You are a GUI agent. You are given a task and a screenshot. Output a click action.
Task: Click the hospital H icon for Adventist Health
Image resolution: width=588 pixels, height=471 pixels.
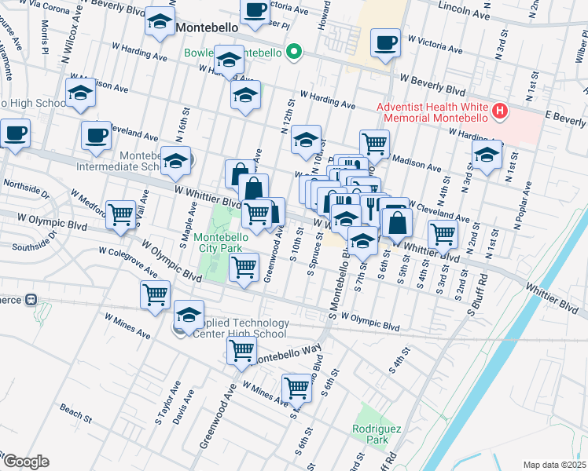(x=498, y=112)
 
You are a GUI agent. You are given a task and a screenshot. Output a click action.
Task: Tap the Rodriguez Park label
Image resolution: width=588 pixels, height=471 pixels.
(x=371, y=435)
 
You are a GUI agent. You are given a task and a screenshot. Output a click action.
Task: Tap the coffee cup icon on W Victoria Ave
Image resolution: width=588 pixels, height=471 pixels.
(x=385, y=44)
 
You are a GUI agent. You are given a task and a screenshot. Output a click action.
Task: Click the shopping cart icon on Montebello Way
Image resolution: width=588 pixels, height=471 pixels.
(x=241, y=349)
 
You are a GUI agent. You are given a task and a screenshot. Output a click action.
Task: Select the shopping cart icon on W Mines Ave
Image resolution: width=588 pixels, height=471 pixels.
(x=297, y=386)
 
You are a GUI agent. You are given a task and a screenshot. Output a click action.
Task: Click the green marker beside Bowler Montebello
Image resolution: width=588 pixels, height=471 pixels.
(x=294, y=53)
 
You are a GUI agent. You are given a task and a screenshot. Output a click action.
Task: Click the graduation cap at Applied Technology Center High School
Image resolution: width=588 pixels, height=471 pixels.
(x=189, y=316)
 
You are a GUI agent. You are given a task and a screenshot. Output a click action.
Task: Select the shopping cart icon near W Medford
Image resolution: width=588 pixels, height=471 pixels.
(x=121, y=214)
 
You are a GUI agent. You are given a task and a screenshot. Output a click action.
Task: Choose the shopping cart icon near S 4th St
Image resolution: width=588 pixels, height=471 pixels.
(x=443, y=233)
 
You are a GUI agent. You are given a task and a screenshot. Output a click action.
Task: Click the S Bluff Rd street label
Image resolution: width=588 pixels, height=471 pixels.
(x=478, y=291)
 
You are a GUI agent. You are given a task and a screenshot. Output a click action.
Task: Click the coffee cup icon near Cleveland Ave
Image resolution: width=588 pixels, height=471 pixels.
(x=96, y=135)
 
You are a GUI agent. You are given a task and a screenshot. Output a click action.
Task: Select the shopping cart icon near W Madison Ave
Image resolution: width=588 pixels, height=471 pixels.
(x=375, y=144)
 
